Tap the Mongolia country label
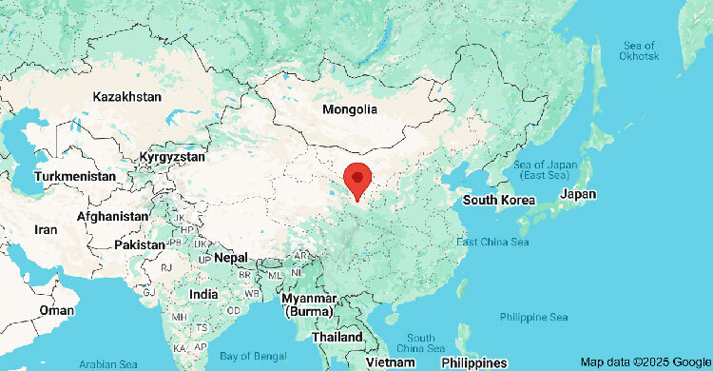click(x=349, y=109)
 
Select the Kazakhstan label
click(x=126, y=97)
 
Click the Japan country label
click(x=578, y=194)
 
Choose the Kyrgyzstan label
click(x=171, y=156)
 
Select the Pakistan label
click(x=140, y=244)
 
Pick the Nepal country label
click(x=230, y=258)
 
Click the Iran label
click(x=46, y=229)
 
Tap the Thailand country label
click(x=337, y=338)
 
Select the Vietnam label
click(x=392, y=362)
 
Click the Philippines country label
click(x=473, y=362)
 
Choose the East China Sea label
click(x=491, y=242)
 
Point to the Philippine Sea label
click(x=533, y=317)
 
